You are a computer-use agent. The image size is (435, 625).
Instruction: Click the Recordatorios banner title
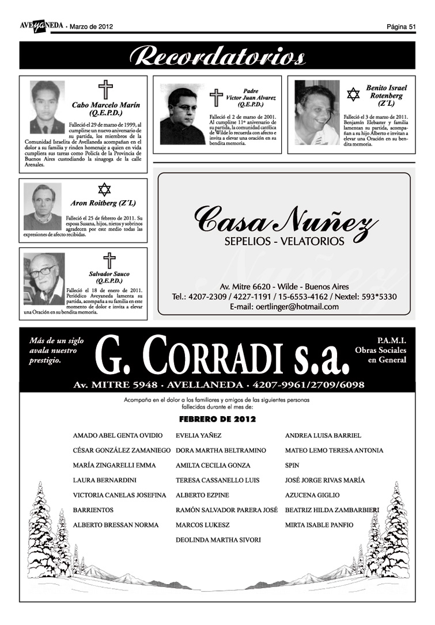click(x=217, y=56)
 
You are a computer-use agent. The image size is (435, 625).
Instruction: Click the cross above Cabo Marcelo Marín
click(x=105, y=90)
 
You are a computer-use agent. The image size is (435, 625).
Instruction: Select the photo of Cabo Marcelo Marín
click(x=48, y=107)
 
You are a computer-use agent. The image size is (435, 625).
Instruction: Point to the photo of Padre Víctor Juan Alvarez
click(x=182, y=115)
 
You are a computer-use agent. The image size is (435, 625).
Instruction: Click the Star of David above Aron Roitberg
click(x=104, y=189)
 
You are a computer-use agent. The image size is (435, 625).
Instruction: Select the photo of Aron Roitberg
click(x=42, y=207)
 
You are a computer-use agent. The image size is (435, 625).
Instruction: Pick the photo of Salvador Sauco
click(x=44, y=279)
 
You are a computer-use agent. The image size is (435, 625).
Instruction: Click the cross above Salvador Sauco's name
click(x=109, y=261)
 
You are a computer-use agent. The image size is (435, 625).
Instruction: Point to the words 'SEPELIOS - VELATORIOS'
click(x=285, y=241)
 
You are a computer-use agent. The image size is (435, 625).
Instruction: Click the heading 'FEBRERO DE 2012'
click(x=217, y=420)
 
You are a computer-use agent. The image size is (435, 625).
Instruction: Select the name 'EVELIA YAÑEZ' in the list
click(x=198, y=436)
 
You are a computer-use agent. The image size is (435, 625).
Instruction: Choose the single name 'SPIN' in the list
click(x=292, y=466)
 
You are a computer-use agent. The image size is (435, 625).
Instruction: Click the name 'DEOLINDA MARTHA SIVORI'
click(x=218, y=540)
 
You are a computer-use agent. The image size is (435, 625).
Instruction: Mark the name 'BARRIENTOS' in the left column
click(x=93, y=510)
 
